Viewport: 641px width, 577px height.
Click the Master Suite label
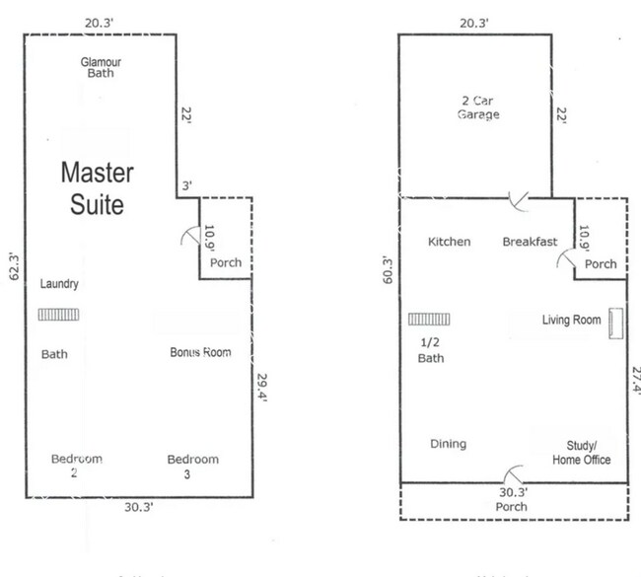click(x=97, y=188)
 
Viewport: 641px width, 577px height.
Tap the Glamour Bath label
click(x=101, y=66)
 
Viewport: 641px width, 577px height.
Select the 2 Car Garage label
click(x=478, y=108)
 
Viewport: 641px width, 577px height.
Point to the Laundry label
click(x=58, y=284)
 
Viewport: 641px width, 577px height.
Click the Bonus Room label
click(x=200, y=352)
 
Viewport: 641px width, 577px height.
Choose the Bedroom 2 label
click(x=76, y=466)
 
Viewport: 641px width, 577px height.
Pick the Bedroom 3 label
click(x=192, y=466)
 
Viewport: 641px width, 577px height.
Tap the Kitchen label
click(x=449, y=242)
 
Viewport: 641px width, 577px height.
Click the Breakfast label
click(x=530, y=242)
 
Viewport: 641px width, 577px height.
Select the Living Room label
click(x=571, y=320)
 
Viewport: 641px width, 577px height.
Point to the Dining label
click(x=448, y=444)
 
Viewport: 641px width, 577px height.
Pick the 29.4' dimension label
click(x=262, y=387)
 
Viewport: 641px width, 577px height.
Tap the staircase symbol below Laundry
click(x=59, y=315)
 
